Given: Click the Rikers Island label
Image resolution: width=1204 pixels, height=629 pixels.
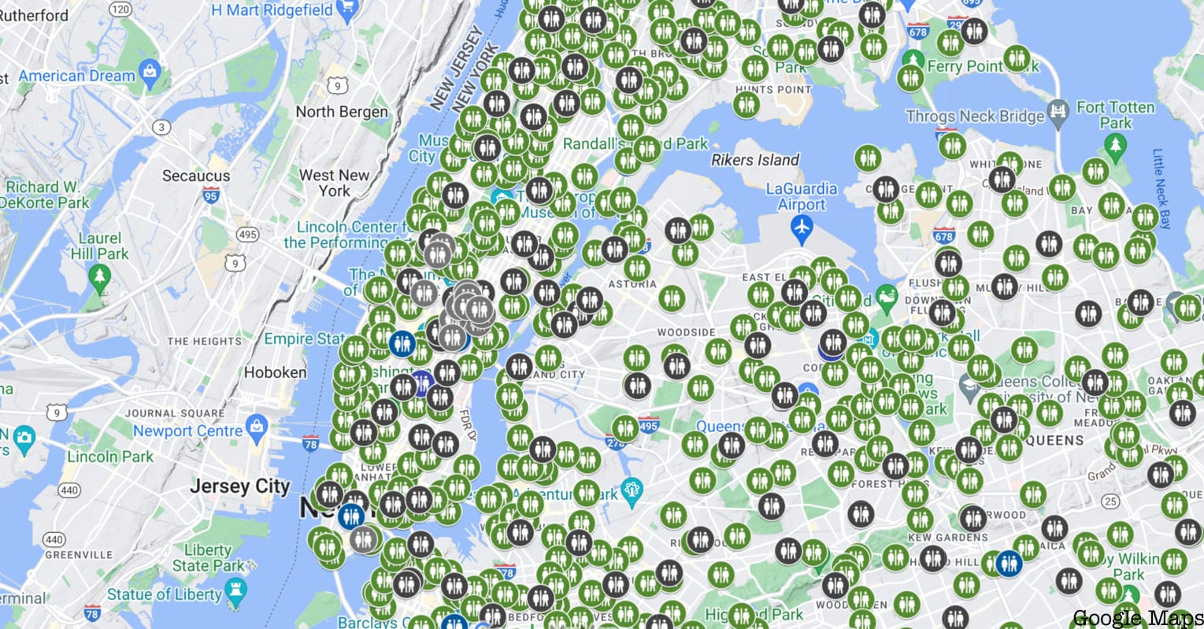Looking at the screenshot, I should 754,160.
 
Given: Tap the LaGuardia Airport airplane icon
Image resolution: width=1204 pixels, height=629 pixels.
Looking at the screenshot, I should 802,228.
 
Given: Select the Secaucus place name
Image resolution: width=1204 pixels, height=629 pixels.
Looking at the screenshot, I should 196,176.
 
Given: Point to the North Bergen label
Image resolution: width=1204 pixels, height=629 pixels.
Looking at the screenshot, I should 342,112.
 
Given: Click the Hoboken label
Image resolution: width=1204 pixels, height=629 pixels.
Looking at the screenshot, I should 275,372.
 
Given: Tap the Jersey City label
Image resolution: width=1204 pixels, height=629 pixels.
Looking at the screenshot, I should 239,487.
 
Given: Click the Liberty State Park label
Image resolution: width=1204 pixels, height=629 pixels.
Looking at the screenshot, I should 208,557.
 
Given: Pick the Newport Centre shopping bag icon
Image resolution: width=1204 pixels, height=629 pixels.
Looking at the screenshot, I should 257,427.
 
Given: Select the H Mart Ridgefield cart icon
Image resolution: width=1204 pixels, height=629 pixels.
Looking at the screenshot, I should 346,9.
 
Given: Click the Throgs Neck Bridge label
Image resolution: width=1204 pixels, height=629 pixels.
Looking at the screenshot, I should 974,117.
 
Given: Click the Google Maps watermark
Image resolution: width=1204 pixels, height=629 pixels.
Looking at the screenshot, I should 1137,618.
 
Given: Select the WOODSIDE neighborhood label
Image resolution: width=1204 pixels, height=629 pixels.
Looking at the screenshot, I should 687,332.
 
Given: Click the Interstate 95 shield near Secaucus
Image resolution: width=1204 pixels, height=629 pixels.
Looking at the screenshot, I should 210,196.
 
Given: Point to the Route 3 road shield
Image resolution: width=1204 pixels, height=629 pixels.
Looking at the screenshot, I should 161,127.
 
